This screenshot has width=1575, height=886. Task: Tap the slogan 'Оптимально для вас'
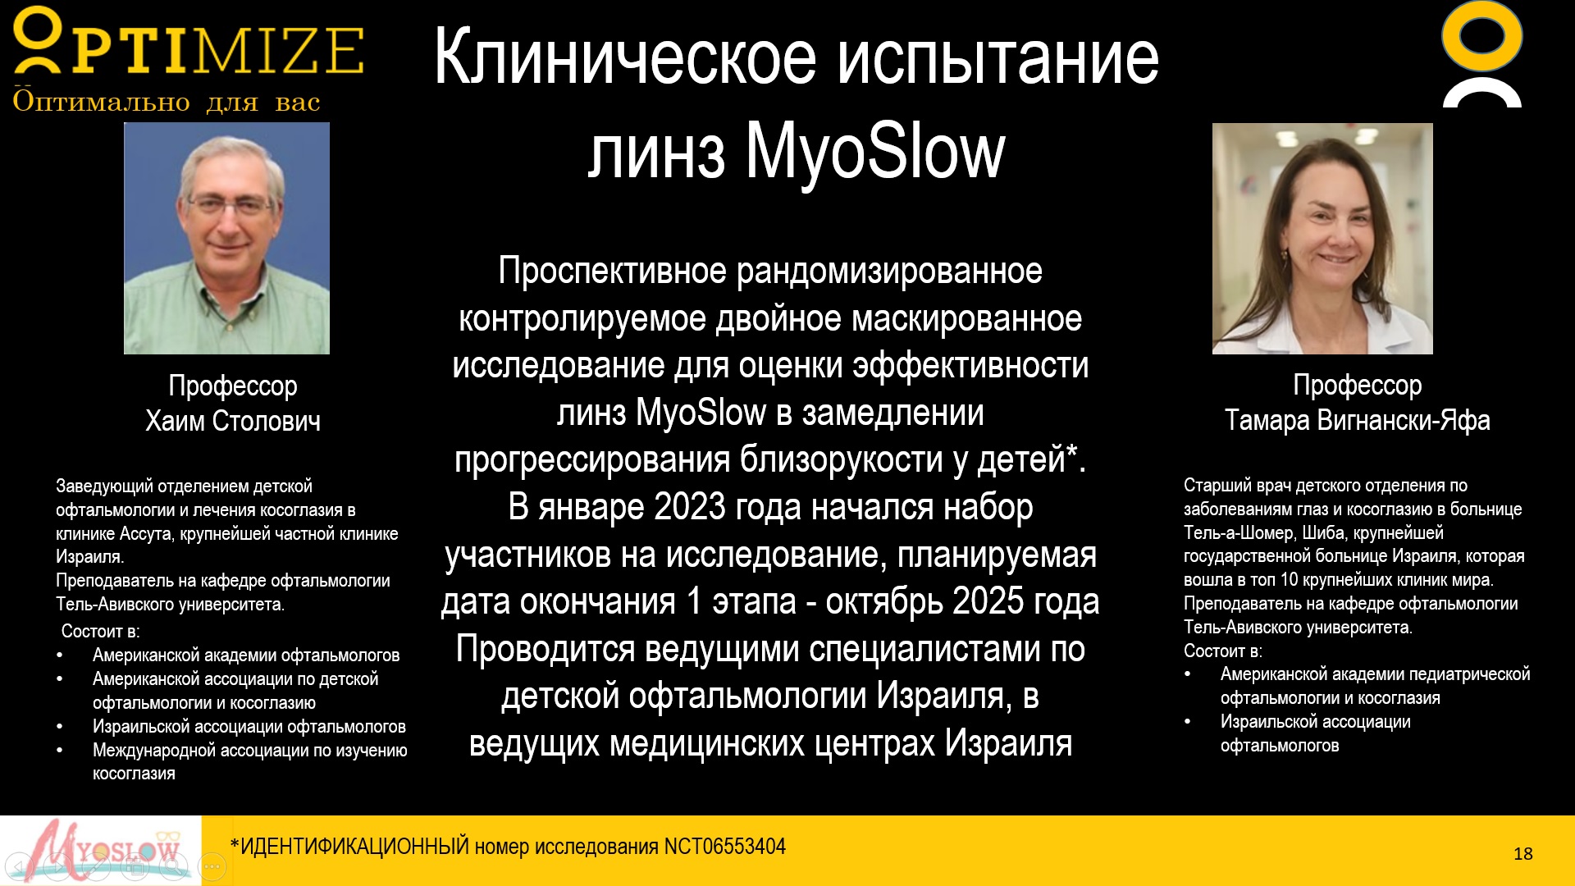(167, 102)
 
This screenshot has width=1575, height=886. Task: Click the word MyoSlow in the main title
(874, 153)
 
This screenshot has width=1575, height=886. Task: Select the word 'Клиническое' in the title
(625, 57)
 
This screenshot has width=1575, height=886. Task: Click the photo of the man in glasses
(226, 239)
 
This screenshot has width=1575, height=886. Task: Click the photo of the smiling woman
(1322, 239)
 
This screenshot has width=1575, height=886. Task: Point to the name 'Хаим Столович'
(233, 422)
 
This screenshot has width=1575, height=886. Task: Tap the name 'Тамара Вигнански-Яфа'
(1357, 421)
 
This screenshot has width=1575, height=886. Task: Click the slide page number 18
(1523, 854)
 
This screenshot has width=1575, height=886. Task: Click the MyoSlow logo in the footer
(101, 851)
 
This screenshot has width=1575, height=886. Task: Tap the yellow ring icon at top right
(1481, 37)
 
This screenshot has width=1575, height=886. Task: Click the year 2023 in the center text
(690, 507)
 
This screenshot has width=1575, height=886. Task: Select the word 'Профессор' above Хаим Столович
(233, 386)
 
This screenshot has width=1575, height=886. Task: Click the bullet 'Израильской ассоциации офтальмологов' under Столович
(249, 727)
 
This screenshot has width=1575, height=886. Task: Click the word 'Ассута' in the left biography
(146, 534)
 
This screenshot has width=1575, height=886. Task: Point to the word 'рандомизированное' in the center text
(889, 271)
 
